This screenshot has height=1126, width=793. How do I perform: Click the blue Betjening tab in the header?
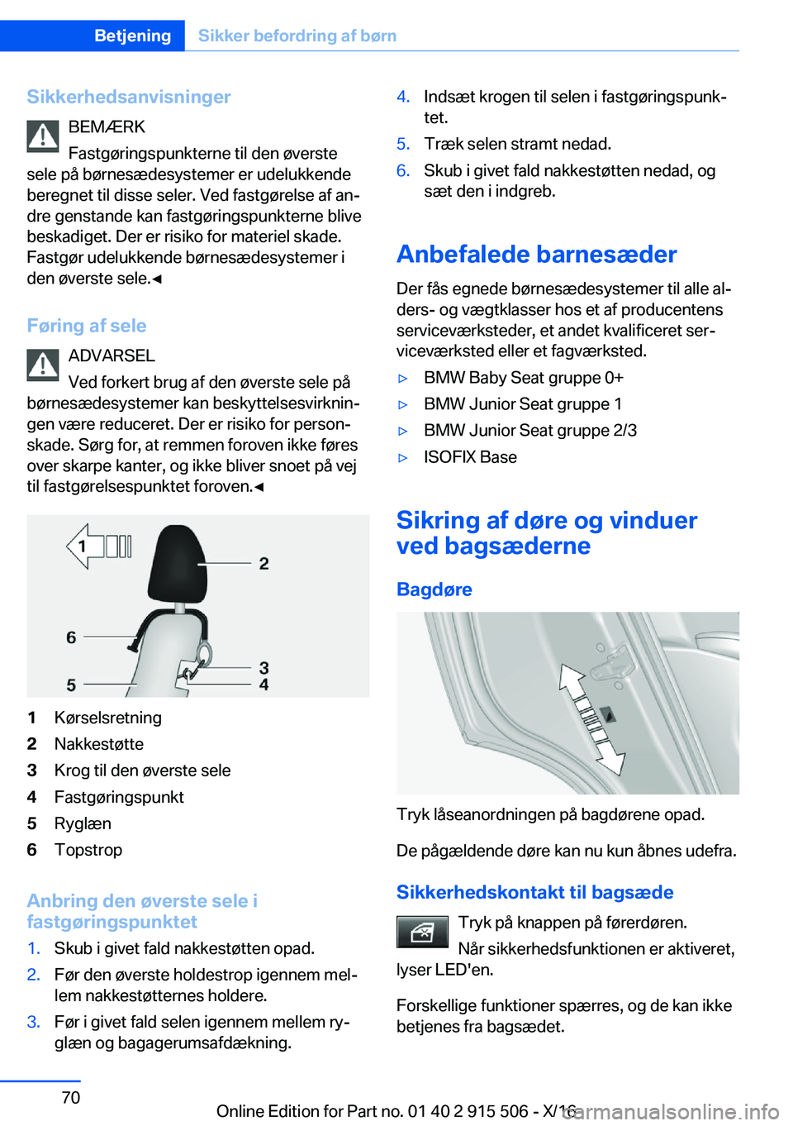pos(132,36)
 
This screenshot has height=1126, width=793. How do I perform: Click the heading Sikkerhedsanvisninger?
pos(129,97)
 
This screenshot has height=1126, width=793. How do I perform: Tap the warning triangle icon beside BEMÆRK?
pos(43,136)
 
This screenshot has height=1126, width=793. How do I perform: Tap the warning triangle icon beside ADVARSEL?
pos(43,365)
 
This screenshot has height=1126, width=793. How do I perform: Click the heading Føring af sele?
pos(87,326)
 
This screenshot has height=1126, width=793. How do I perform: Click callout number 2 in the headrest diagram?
pos(264,564)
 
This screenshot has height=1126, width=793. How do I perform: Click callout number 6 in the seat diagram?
pos(71,637)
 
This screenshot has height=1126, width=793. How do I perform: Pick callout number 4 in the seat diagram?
pos(264,685)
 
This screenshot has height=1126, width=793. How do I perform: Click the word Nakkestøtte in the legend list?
pos(99,744)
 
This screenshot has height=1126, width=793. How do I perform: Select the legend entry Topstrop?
pos(88,850)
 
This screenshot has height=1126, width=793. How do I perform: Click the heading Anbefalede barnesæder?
pos(536,254)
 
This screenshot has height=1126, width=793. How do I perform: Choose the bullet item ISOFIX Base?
pos(470,457)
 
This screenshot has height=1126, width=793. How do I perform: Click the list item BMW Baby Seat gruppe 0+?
pos(523,378)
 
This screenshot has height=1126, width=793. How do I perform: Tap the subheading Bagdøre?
pos(434,589)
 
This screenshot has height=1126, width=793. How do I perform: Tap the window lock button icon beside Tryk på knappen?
pos(422,933)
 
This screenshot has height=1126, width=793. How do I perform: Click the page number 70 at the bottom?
pos(71,1097)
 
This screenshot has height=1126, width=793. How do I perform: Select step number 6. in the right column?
pos(402,170)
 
